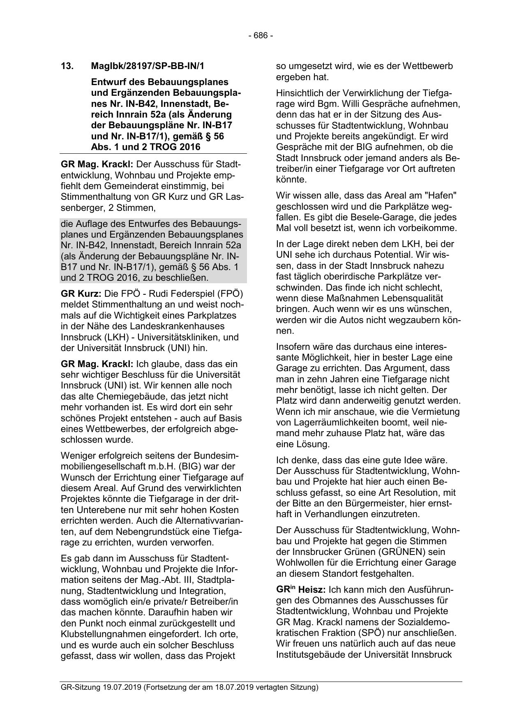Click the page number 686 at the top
[261, 35]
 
